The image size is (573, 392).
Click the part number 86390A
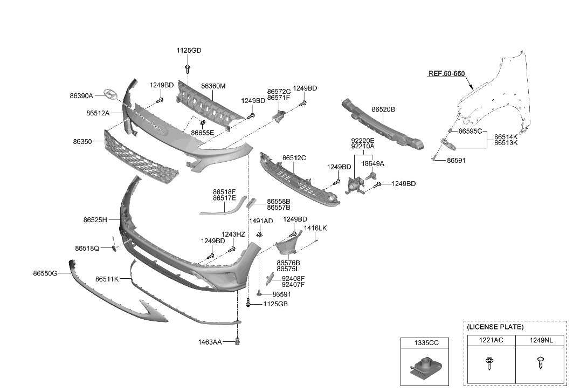point(81,95)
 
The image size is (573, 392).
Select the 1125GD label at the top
point(188,50)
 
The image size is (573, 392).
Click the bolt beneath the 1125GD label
point(188,68)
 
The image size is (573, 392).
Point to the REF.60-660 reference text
point(446,73)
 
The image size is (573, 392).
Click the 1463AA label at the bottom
point(209,342)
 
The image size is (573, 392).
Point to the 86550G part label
point(44,273)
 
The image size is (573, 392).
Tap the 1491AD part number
point(260,221)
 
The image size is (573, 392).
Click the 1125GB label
point(275,304)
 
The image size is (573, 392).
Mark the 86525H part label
point(95,220)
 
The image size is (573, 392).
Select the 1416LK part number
point(315,228)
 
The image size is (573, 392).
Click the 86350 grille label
point(82,141)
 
